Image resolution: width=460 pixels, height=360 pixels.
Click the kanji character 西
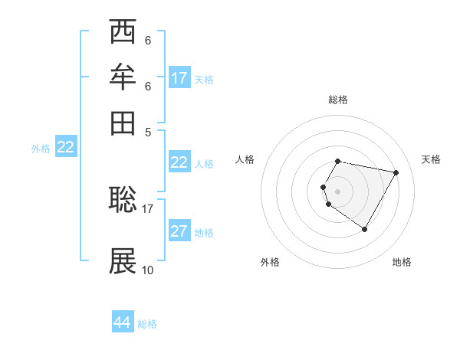[x=123, y=32]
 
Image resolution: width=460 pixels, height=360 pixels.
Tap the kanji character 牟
[x=123, y=77]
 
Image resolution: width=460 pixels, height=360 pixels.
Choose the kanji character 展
[x=123, y=261]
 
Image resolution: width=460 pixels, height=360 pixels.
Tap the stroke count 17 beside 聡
[x=148, y=208]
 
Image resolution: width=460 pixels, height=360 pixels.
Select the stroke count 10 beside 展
[x=148, y=270]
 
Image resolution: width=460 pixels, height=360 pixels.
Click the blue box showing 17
[x=179, y=78]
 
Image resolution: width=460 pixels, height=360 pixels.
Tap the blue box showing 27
[x=179, y=232]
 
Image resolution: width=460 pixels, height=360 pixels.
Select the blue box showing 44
[x=122, y=323]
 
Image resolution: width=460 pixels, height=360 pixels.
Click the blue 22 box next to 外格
[x=65, y=148]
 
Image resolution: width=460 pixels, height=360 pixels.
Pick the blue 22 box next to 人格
[x=179, y=162]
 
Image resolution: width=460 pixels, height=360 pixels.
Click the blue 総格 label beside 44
[x=147, y=324]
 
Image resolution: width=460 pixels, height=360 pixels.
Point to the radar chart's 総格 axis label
[x=338, y=100]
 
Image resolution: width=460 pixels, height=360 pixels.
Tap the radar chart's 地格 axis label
[x=402, y=262]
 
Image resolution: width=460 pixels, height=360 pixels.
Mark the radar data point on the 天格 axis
[x=396, y=173]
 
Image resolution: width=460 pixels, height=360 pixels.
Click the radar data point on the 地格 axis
[x=364, y=229]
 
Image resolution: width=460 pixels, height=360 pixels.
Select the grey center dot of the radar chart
[x=338, y=191]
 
